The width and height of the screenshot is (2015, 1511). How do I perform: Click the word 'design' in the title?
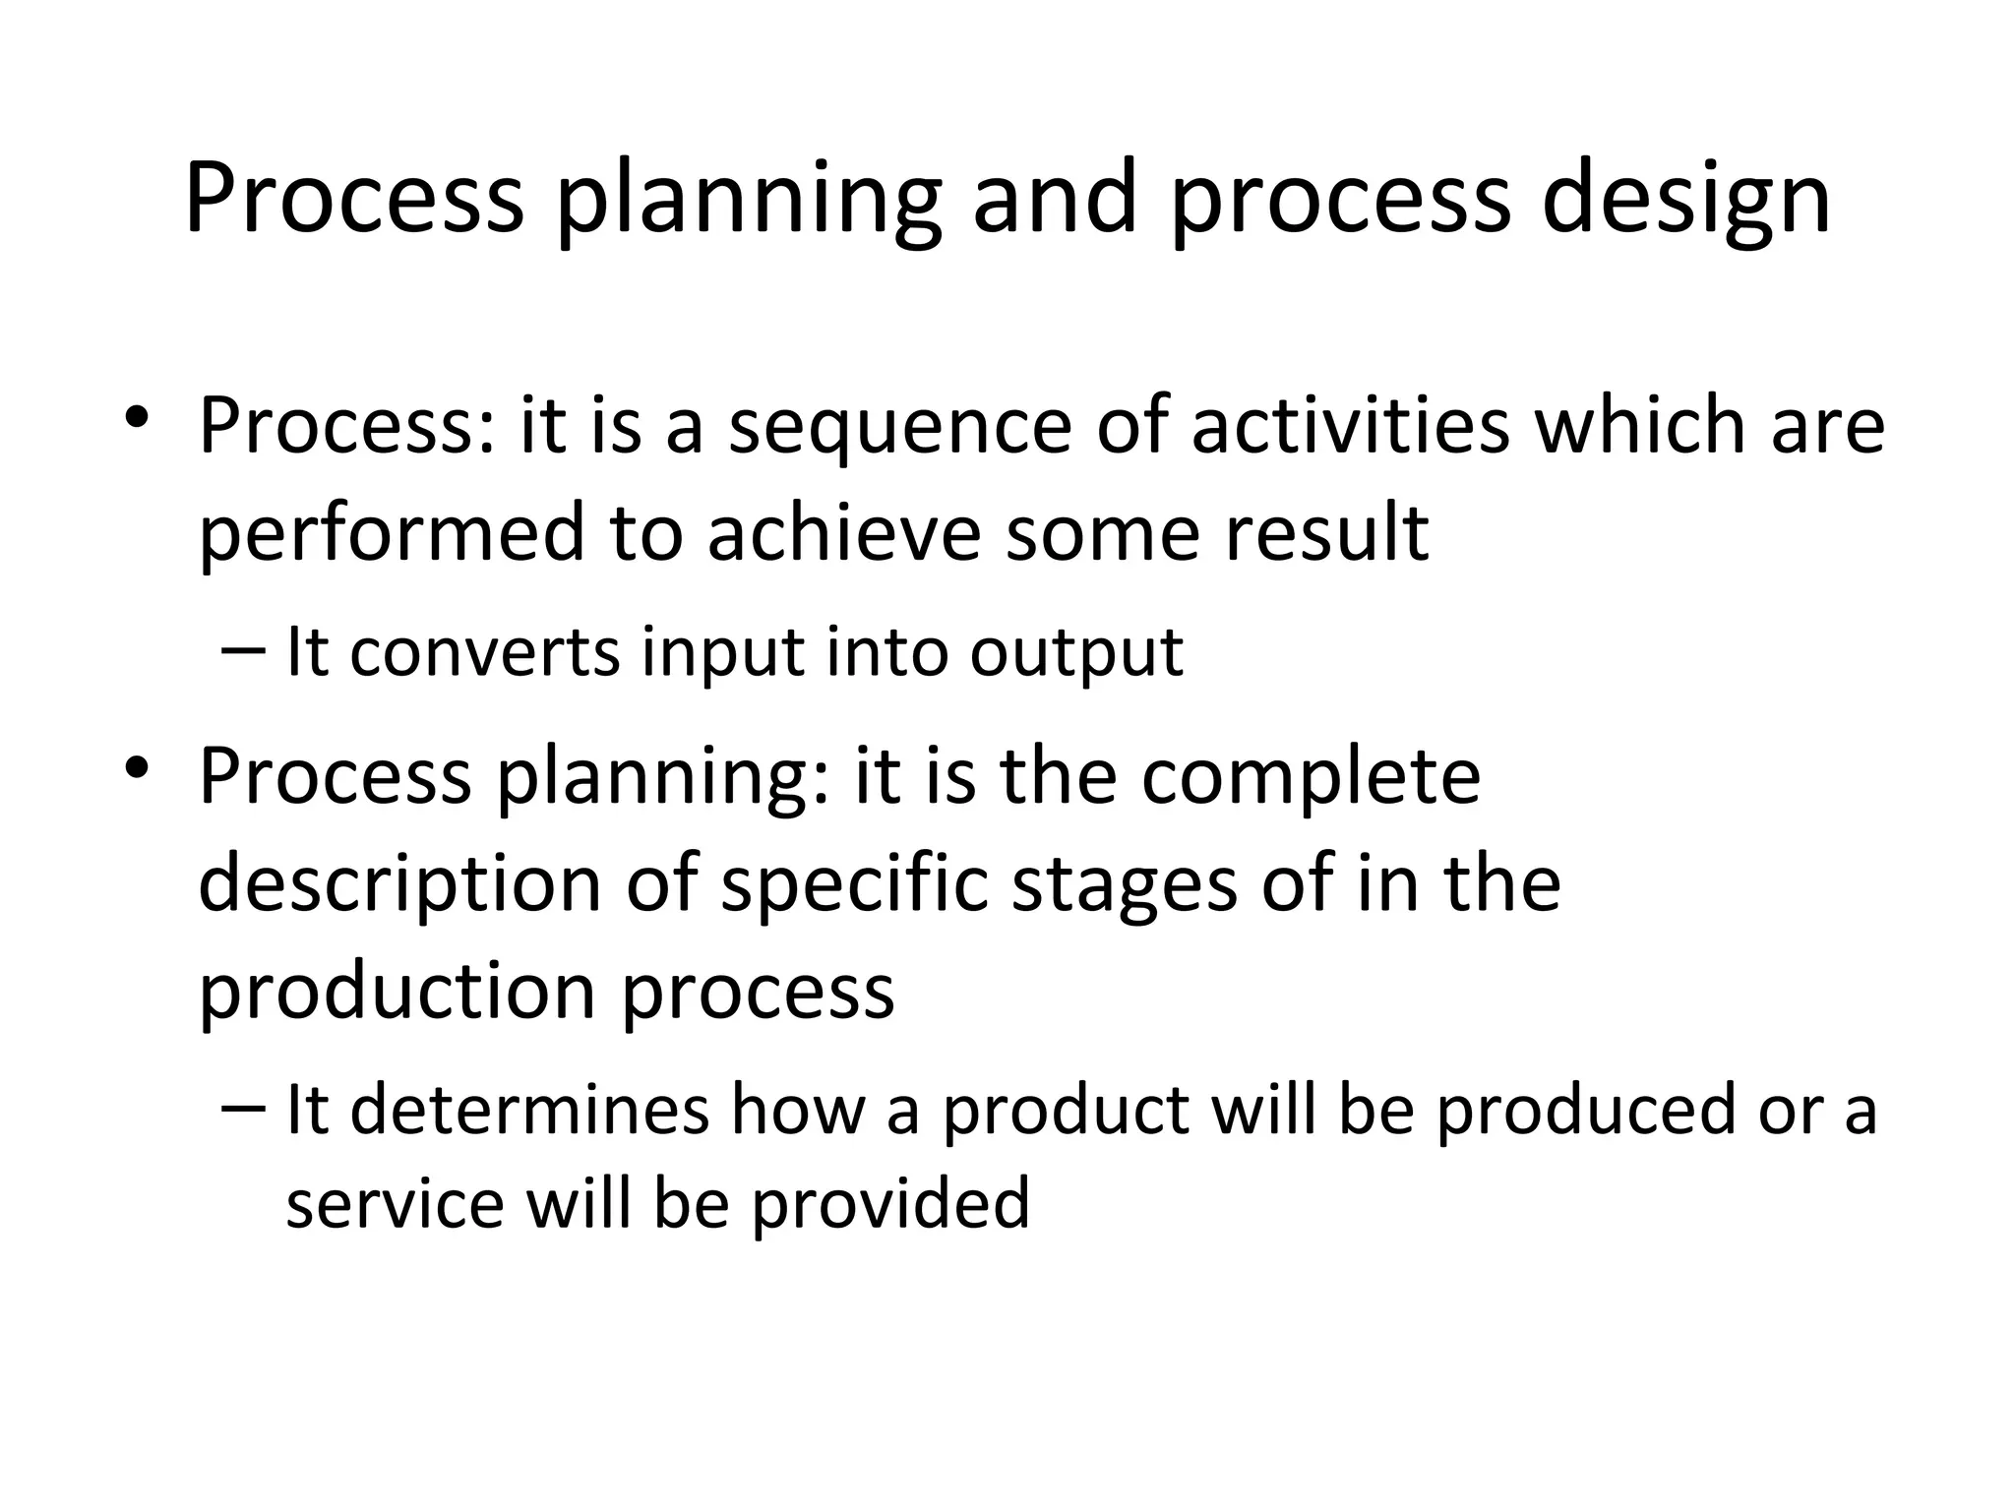pyautogui.click(x=1684, y=200)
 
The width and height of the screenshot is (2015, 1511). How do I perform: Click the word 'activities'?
pyautogui.click(x=1350, y=425)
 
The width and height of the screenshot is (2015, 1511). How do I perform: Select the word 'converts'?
pyautogui.click(x=484, y=652)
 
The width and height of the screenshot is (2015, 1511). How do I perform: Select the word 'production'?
pyautogui.click(x=397, y=992)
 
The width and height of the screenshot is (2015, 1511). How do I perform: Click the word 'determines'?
pyautogui.click(x=528, y=1110)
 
